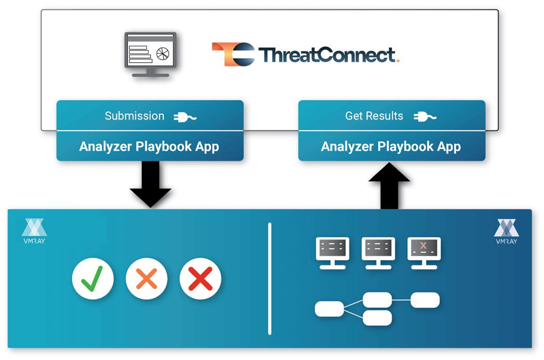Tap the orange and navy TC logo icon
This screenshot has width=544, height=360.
(x=233, y=54)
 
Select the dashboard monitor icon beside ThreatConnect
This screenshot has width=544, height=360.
(x=151, y=54)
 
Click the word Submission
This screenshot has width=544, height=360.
(x=135, y=116)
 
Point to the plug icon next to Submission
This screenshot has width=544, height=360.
(x=185, y=117)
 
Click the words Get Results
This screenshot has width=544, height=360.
(x=374, y=116)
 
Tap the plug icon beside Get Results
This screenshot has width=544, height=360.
(x=425, y=117)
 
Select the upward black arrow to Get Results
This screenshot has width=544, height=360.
(x=389, y=186)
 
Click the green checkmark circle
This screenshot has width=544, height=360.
(x=93, y=278)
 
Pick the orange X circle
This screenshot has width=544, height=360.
(x=146, y=278)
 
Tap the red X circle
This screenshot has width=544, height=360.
(x=201, y=278)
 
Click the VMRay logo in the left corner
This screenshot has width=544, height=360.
(x=34, y=231)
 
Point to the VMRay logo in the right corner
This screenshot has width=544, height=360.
(x=506, y=232)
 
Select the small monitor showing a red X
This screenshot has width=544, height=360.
(x=424, y=253)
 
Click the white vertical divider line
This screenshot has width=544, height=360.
(x=270, y=279)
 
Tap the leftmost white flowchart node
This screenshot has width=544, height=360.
(x=329, y=309)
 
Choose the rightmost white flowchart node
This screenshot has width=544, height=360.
(x=425, y=300)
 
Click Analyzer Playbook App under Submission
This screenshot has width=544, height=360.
(x=149, y=146)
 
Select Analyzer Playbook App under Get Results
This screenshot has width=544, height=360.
(x=391, y=146)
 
